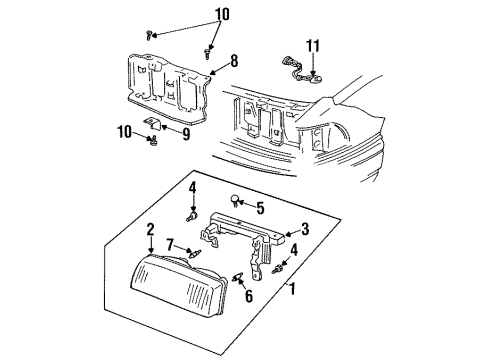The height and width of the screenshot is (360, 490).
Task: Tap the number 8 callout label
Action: tap(233, 60)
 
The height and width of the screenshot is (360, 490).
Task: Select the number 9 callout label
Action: tap(187, 128)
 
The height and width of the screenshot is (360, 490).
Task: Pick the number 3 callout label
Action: tap(304, 228)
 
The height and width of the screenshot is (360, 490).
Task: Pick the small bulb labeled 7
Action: tap(197, 254)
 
